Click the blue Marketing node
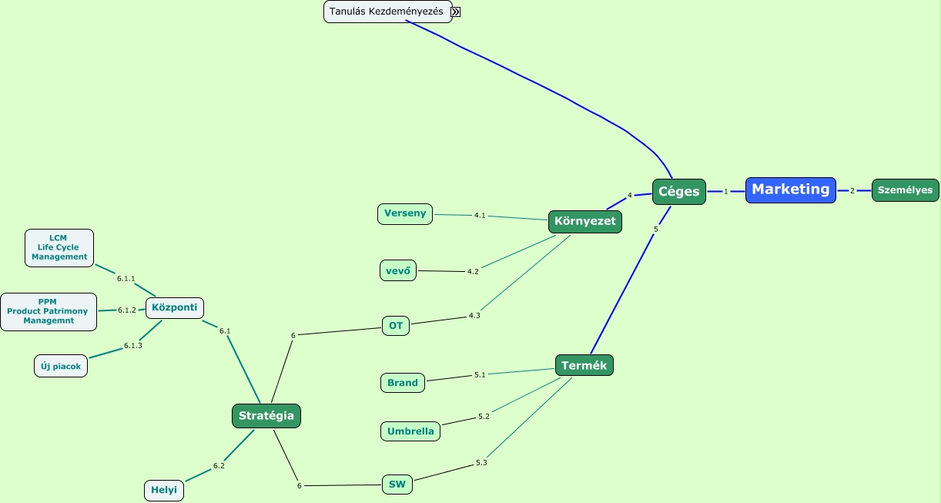[790, 189]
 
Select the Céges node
[678, 192]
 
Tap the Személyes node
[905, 190]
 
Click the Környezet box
[584, 222]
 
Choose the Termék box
[584, 366]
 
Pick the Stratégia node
[266, 416]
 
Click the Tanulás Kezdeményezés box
[387, 12]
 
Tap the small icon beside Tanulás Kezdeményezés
[456, 12]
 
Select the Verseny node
[405, 213]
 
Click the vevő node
[397, 270]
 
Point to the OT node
[396, 326]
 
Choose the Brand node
[402, 383]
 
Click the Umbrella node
[410, 431]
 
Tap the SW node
[397, 485]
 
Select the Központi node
[174, 307]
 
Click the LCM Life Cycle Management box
[59, 248]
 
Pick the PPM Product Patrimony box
[49, 311]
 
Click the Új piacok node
[61, 366]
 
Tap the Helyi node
[164, 490]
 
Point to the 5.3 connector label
[481, 463]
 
